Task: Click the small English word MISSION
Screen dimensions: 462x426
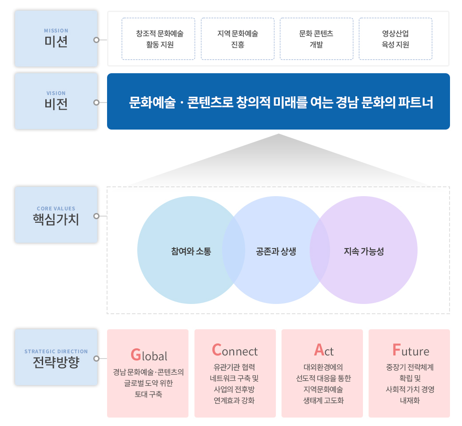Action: [x=56, y=31]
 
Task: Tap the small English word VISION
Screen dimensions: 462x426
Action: [x=56, y=93]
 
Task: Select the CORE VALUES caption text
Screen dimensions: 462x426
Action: [x=56, y=209]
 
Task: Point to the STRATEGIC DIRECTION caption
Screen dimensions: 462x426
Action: [x=56, y=351]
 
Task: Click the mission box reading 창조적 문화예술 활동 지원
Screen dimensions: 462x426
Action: [x=159, y=39]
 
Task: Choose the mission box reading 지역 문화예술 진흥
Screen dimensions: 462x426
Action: [x=238, y=39]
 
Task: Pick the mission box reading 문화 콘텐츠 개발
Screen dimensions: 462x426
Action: [x=316, y=39]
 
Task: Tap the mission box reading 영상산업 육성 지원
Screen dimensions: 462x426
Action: [x=395, y=39]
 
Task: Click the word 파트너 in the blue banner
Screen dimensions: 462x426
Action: [x=416, y=103]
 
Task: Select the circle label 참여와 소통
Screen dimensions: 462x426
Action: [x=191, y=252]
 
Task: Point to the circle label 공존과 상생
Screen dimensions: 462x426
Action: [x=276, y=252]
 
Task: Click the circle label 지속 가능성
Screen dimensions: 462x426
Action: [x=363, y=252]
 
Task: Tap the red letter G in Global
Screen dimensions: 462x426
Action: [x=136, y=355]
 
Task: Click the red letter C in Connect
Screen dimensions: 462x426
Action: [x=217, y=350]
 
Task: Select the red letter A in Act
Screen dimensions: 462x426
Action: [x=319, y=350]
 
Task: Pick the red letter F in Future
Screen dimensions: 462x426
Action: [x=397, y=350]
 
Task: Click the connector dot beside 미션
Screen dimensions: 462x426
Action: [x=96, y=40]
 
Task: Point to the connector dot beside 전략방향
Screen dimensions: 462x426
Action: [x=96, y=359]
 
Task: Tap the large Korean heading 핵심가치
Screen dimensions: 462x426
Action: [x=56, y=220]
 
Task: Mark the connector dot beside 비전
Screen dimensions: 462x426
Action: [x=96, y=103]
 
